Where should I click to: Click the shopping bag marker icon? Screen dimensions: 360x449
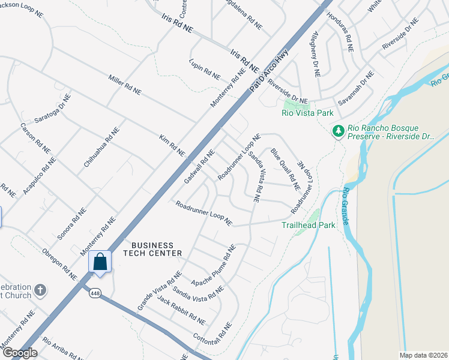click(100, 262)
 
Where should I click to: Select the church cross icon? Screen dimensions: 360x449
click(40, 290)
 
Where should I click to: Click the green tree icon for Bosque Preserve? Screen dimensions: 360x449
click(338, 130)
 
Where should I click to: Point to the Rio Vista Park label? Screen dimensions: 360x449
click(307, 112)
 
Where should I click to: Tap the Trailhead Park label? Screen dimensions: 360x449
click(307, 225)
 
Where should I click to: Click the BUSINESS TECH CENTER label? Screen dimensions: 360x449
click(152, 249)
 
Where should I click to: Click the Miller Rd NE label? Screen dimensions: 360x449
click(124, 85)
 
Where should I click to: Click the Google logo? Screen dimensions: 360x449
click(20, 353)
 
